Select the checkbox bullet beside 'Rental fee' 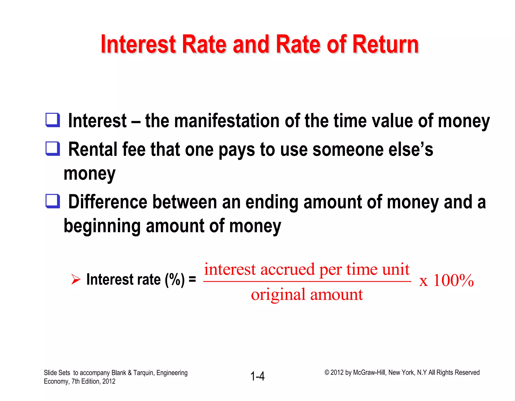[53, 149]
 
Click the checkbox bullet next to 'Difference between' [53, 201]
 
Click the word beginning [102, 226]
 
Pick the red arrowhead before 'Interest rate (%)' [75, 279]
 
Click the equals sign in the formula [192, 279]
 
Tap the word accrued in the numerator [287, 269]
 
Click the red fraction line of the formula [307, 281]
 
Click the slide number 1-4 [257, 376]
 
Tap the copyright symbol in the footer [327, 372]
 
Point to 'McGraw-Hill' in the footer [369, 373]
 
